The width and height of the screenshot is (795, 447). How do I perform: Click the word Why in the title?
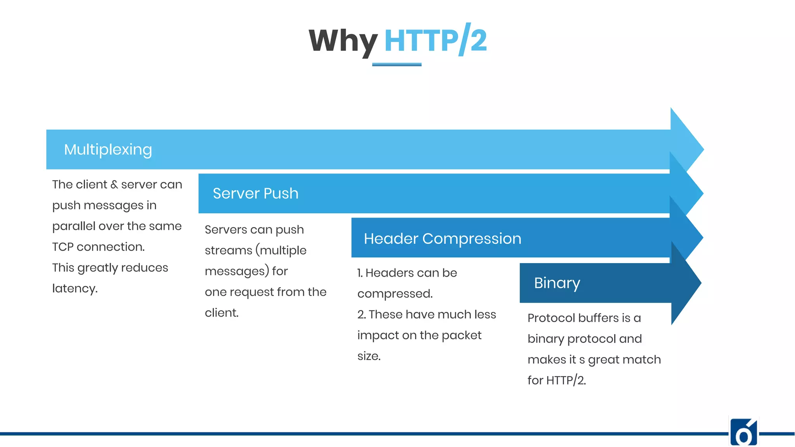pyautogui.click(x=343, y=41)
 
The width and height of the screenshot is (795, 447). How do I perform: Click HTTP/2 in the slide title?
pyautogui.click(x=435, y=40)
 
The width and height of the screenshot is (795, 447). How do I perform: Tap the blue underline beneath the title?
pyautogui.click(x=396, y=64)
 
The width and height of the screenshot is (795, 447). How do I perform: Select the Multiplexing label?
pyautogui.click(x=108, y=150)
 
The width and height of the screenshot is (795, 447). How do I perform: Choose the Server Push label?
pyautogui.click(x=255, y=194)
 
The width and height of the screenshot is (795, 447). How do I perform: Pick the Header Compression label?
pyautogui.click(x=442, y=239)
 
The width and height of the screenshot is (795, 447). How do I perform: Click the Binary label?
pyautogui.click(x=557, y=283)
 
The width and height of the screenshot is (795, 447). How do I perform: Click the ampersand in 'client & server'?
pyautogui.click(x=114, y=185)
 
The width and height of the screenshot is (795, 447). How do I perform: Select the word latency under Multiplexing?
pyautogui.click(x=75, y=289)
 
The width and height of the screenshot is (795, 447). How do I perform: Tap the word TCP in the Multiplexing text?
pyautogui.click(x=63, y=247)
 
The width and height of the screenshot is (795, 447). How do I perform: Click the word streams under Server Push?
pyautogui.click(x=228, y=251)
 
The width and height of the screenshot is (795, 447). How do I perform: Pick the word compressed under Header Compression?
pyautogui.click(x=395, y=294)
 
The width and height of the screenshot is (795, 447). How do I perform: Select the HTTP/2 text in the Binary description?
pyautogui.click(x=566, y=381)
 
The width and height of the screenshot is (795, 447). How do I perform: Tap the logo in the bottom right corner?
pyautogui.click(x=743, y=432)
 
